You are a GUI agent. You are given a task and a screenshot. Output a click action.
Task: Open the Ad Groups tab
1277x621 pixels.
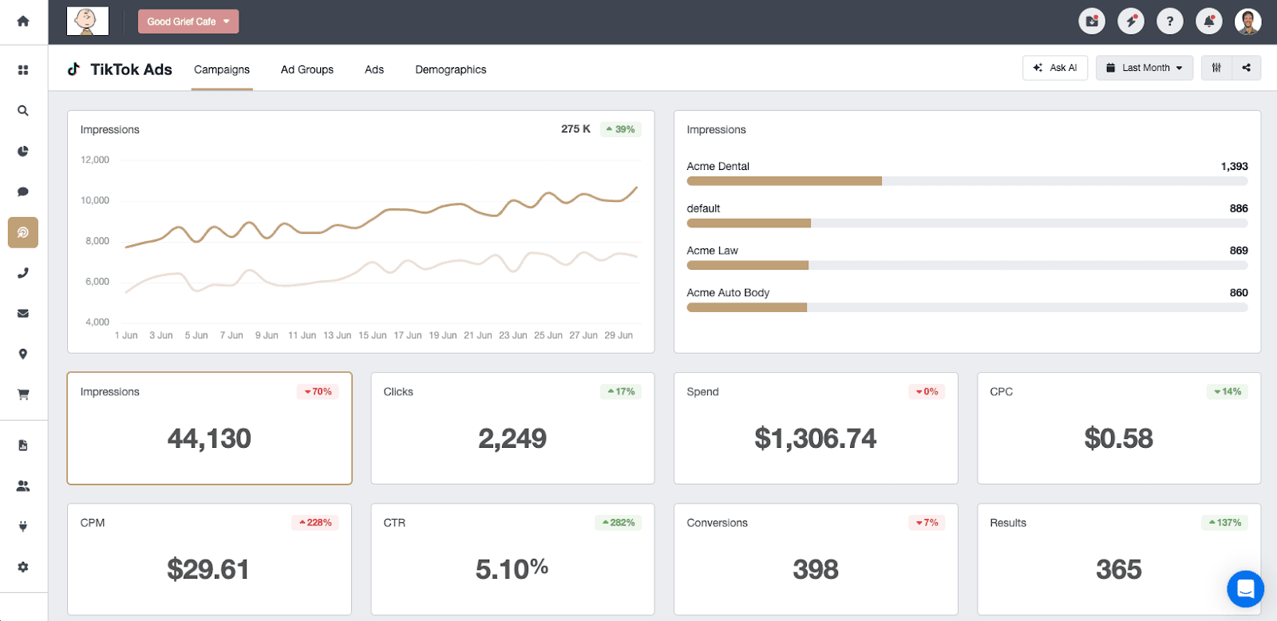pyautogui.click(x=306, y=69)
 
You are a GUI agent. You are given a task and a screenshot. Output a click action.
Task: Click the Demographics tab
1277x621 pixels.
pyautogui.click(x=450, y=69)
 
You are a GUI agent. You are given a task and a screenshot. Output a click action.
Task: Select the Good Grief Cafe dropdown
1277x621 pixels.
pyautogui.click(x=188, y=22)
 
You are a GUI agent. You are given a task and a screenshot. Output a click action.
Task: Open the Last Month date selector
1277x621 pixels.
pyautogui.click(x=1144, y=68)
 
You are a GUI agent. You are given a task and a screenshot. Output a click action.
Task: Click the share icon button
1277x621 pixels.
pyautogui.click(x=1246, y=68)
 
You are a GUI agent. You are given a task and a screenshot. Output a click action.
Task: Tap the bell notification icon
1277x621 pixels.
pyautogui.click(x=1208, y=22)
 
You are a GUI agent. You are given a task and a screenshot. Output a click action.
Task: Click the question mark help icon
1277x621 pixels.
pyautogui.click(x=1169, y=22)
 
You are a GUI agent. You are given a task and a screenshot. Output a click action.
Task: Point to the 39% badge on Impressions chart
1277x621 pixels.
pyautogui.click(x=620, y=129)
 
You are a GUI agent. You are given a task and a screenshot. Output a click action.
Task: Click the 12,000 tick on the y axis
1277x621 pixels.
pyautogui.click(x=95, y=160)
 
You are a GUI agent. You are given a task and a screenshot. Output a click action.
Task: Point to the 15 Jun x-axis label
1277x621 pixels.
pyautogui.click(x=372, y=335)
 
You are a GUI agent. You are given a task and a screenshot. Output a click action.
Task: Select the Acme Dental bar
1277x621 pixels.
pyautogui.click(x=784, y=181)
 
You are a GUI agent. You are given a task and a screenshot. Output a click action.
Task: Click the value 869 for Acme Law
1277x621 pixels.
pyautogui.click(x=1238, y=251)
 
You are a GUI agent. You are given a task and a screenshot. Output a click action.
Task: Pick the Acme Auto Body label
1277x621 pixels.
pyautogui.click(x=728, y=293)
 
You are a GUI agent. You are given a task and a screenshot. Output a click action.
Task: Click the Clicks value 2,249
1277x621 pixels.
pyautogui.click(x=512, y=438)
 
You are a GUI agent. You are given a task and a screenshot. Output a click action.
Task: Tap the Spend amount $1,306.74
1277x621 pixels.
pyautogui.click(x=815, y=438)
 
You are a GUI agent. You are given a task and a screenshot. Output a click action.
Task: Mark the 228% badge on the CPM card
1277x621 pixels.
pyautogui.click(x=315, y=523)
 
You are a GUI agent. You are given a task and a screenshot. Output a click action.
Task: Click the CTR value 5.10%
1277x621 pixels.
pyautogui.click(x=512, y=569)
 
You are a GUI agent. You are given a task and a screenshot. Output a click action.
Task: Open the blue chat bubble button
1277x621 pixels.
pyautogui.click(x=1244, y=589)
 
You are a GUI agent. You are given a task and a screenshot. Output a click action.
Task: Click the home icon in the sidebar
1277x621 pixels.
pyautogui.click(x=23, y=22)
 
